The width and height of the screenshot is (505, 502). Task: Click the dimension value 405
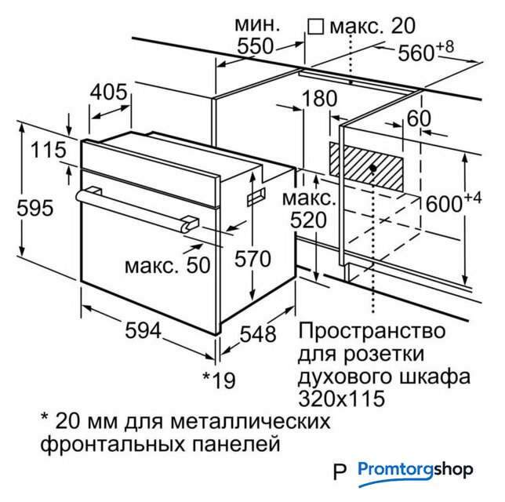[108, 92]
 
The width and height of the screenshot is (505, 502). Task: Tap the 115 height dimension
[49, 150]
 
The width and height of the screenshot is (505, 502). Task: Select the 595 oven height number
[35, 208]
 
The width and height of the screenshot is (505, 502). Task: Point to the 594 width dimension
[143, 330]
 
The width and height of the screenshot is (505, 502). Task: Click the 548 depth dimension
[258, 334]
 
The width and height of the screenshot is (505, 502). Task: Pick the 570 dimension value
[252, 259]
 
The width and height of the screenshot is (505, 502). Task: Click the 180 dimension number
[320, 98]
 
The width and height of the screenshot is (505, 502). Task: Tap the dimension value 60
[419, 118]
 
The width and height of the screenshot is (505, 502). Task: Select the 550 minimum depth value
[255, 46]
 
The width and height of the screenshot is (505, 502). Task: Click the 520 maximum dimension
[308, 220]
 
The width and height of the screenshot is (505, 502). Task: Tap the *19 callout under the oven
[219, 380]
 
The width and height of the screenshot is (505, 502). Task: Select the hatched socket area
[366, 166]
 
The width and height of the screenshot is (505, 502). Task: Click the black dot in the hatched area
[373, 168]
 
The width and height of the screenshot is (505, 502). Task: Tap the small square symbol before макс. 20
[315, 27]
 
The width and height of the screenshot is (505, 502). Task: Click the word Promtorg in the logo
[395, 469]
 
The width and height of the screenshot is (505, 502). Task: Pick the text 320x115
[342, 398]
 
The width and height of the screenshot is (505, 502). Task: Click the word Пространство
[372, 331]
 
